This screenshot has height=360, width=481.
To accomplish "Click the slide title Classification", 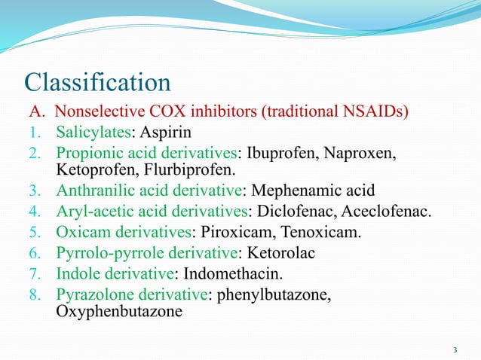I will click(98, 81).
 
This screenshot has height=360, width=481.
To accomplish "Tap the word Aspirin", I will click(164, 133).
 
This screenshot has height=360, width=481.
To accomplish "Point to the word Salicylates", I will click(93, 133).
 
